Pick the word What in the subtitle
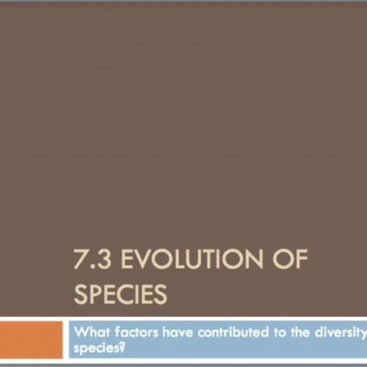pyautogui.click(x=90, y=331)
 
